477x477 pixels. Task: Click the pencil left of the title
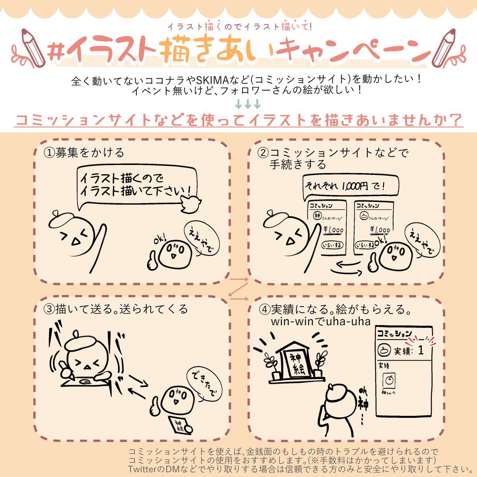tap(33, 48)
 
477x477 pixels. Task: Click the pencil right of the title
tap(444, 48)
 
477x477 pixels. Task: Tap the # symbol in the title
tap(56, 52)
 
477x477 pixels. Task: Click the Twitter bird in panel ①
tap(191, 204)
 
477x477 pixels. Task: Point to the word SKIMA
tap(211, 80)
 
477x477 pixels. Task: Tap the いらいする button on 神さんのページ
tap(332, 245)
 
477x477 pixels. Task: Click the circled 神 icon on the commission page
tap(318, 215)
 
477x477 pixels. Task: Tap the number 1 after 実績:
tap(421, 350)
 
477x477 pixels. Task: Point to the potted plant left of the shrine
tap(272, 366)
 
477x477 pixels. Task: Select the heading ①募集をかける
tap(83, 153)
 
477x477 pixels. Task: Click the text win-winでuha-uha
tap(321, 322)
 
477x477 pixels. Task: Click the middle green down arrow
tap(248, 104)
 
